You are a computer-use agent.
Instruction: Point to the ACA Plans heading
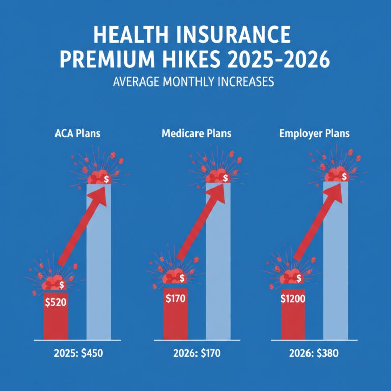point(77,134)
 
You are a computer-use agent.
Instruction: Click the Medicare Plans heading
point(196,134)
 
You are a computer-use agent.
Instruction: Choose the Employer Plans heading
point(314,134)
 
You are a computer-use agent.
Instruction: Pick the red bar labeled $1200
point(293,318)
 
